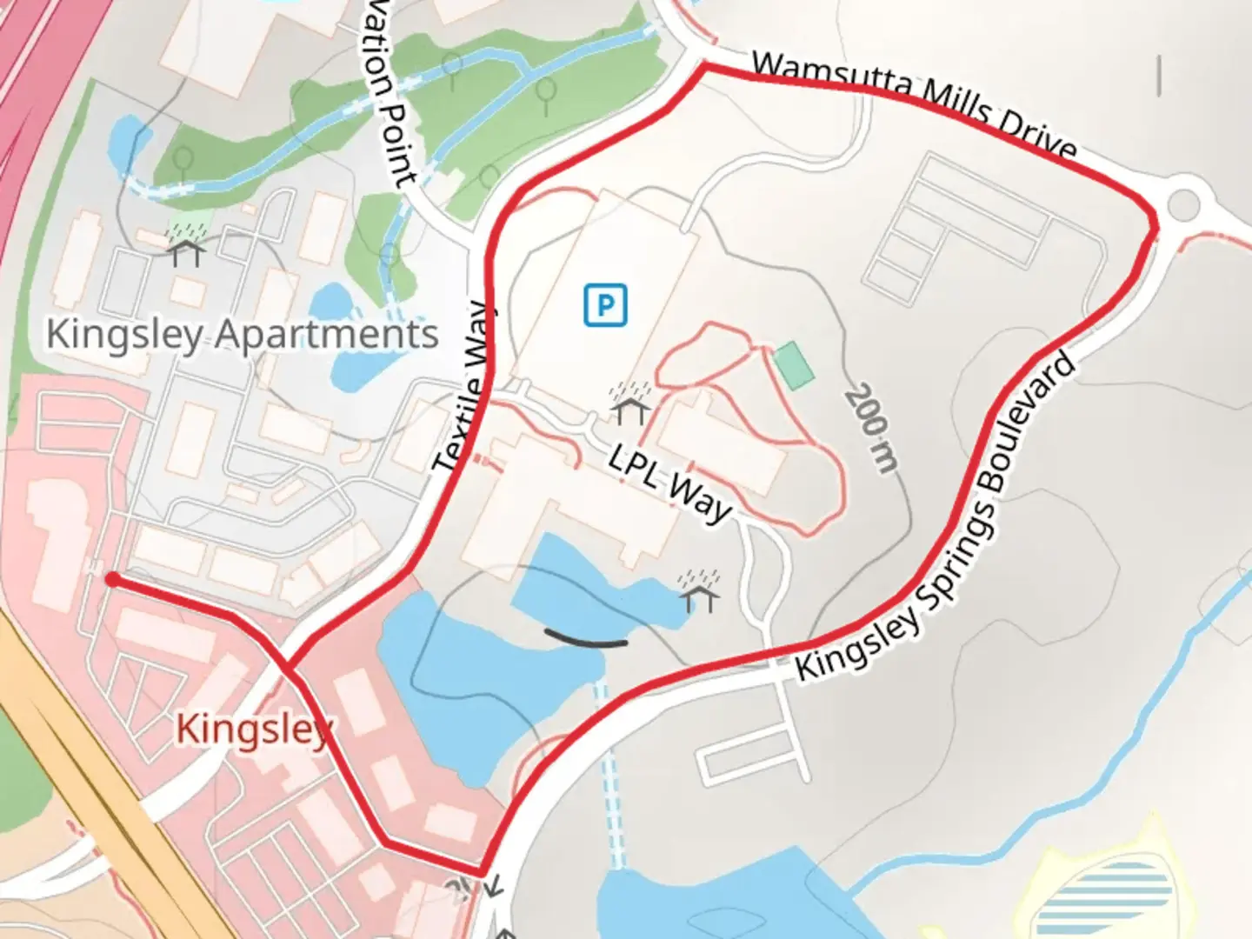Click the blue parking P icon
pos(605,305)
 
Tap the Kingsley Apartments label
pos(242,335)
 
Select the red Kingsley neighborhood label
pos(254,729)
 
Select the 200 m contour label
pos(871,429)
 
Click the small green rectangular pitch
pos(794,364)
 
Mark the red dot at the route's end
pos(112,579)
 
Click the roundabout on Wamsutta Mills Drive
pos(1183,205)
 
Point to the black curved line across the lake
pos(585,640)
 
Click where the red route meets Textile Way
pos(288,668)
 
